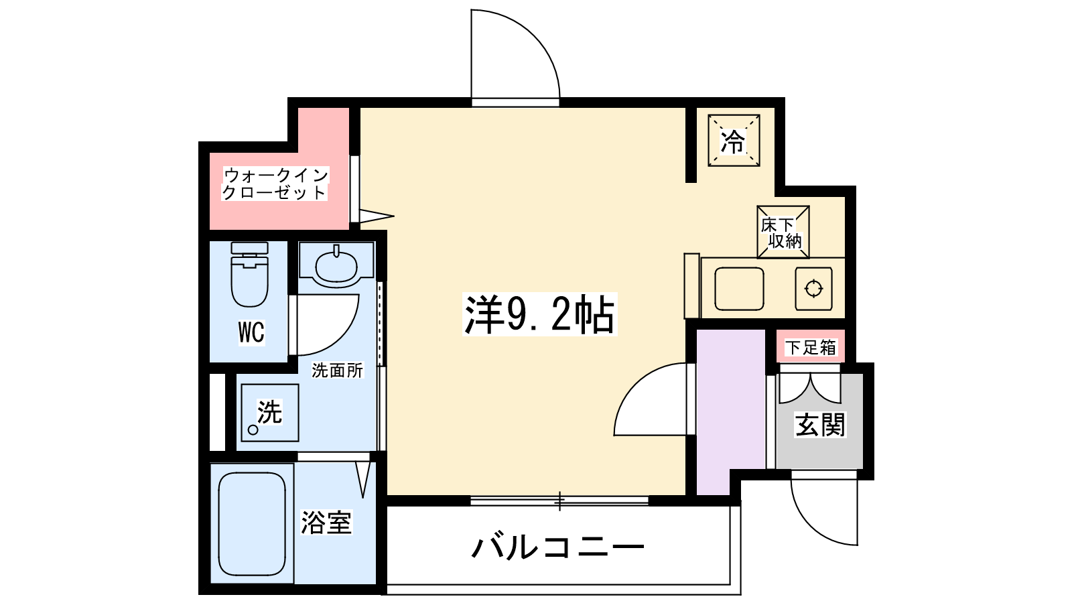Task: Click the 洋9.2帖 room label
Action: [539, 314]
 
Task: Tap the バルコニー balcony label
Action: [558, 547]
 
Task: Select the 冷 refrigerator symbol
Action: [734, 141]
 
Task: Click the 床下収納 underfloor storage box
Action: [783, 232]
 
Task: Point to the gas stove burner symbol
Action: [813, 289]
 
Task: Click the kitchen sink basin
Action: [739, 289]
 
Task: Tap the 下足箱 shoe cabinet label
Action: [810, 347]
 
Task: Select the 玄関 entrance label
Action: [820, 424]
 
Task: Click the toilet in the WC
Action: [249, 274]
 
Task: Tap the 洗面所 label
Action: [338, 370]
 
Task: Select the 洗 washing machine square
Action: [270, 413]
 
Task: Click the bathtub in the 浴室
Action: [252, 523]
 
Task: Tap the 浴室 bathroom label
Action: [326, 522]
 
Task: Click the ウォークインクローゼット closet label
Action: [275, 184]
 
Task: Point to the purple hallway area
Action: [730, 412]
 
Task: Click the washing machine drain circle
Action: [253, 429]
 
